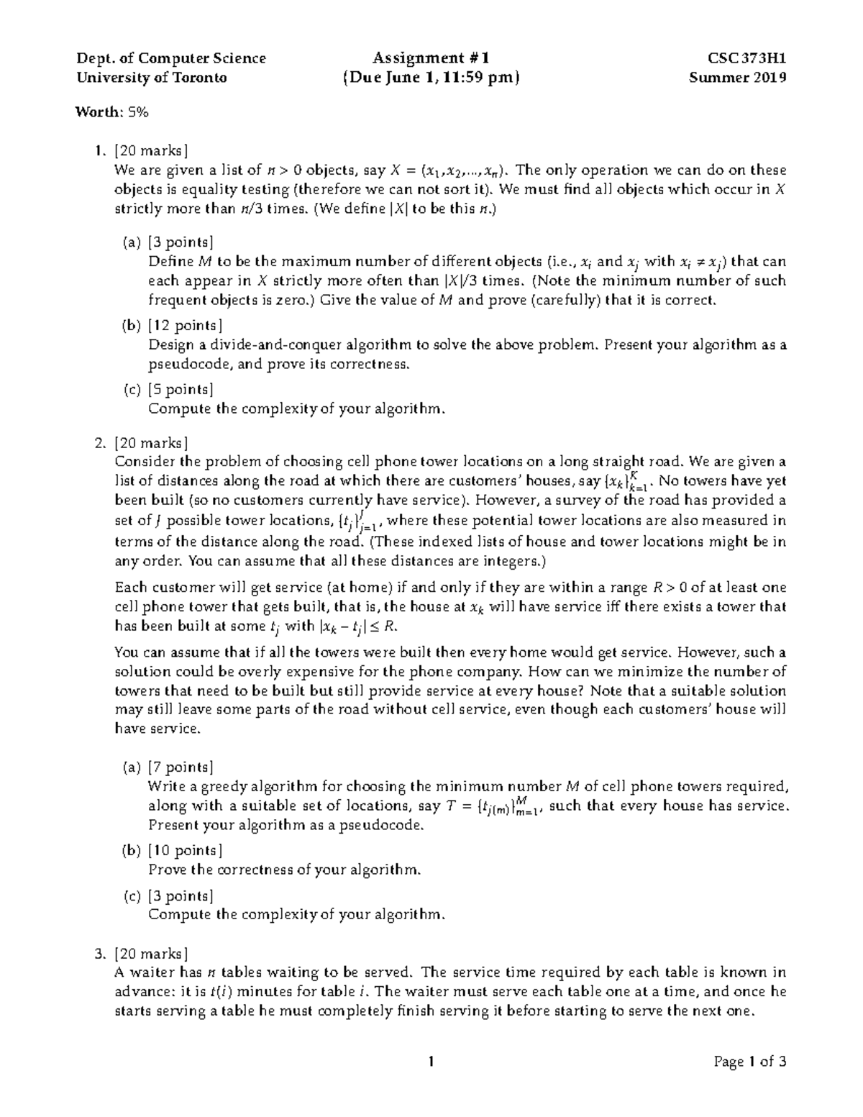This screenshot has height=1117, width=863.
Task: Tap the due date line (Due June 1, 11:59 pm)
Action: pyautogui.click(x=430, y=78)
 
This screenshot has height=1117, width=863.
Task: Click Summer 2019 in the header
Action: pyautogui.click(x=737, y=78)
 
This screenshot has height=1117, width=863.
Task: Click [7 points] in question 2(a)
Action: pyautogui.click(x=181, y=767)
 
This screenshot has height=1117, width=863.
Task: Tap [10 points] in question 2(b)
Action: pyautogui.click(x=185, y=851)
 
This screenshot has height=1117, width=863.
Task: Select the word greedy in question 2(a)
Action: pyautogui.click(x=219, y=786)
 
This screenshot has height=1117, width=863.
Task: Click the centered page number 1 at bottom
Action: pyautogui.click(x=430, y=1062)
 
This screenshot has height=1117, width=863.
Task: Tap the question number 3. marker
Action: pyautogui.click(x=100, y=954)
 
